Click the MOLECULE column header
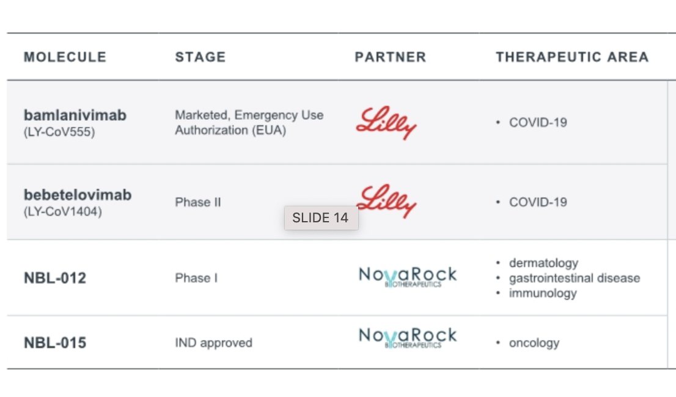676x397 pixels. pyautogui.click(x=65, y=57)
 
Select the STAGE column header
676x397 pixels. pyautogui.click(x=200, y=57)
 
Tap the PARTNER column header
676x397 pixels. pyautogui.click(x=390, y=57)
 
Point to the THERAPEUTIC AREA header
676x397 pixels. pyautogui.click(x=572, y=57)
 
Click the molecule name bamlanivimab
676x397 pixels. pyautogui.click(x=75, y=115)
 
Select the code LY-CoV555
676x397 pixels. pyautogui.click(x=59, y=131)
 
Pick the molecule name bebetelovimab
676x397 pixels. pyautogui.click(x=78, y=195)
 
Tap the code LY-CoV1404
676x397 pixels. pyautogui.click(x=62, y=212)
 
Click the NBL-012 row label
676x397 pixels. pyautogui.click(x=55, y=278)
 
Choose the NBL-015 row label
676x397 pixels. pyautogui.click(x=55, y=343)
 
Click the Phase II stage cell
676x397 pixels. pyautogui.click(x=198, y=202)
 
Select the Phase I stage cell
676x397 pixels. pyautogui.click(x=196, y=278)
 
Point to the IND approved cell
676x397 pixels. pyautogui.click(x=213, y=343)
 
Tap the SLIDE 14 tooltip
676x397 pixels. pyautogui.click(x=320, y=217)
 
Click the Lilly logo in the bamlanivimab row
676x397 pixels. pyautogui.click(x=386, y=122)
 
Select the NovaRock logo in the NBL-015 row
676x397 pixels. pyautogui.click(x=407, y=337)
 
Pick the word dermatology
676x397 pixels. pyautogui.click(x=543, y=263)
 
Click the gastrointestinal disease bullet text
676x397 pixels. pyautogui.click(x=575, y=278)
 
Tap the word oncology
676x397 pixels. pyautogui.click(x=534, y=343)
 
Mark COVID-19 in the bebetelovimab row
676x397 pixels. pyautogui.click(x=538, y=202)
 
